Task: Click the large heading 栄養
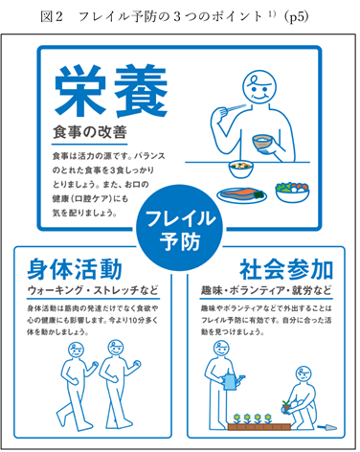[110, 90]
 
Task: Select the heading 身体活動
[75, 269]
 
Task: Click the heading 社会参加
[286, 269]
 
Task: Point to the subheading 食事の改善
[90, 132]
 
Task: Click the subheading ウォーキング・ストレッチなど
[93, 290]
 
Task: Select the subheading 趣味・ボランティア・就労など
[266, 290]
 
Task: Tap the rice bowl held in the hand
[262, 142]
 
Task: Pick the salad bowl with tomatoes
[292, 191]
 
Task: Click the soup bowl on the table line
[241, 169]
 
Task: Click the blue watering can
[233, 381]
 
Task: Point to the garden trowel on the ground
[326, 427]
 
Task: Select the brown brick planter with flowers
[259, 427]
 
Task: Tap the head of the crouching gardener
[304, 374]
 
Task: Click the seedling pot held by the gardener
[286, 407]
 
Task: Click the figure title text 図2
[52, 16]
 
